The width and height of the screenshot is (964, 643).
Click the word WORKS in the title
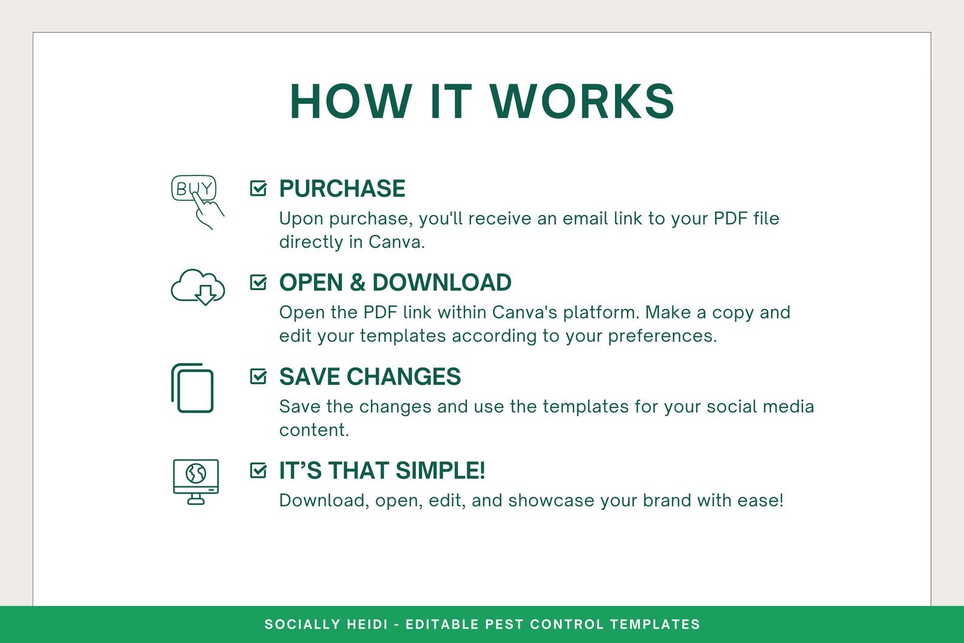[x=582, y=101]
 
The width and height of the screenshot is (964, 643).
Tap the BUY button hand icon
[x=197, y=202]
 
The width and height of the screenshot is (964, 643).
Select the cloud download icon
[x=198, y=287]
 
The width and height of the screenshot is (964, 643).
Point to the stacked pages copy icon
[x=192, y=388]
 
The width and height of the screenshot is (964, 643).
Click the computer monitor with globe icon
[x=196, y=481]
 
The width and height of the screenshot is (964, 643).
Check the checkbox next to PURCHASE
[x=258, y=188]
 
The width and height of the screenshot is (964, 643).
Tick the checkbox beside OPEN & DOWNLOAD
[x=258, y=282]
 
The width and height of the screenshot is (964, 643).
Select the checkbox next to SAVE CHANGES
[x=258, y=376]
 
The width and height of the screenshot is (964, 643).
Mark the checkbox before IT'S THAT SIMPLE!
[x=258, y=470]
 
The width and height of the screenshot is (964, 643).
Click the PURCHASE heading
[x=342, y=188]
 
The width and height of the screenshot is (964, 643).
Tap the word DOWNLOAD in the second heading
[x=442, y=282]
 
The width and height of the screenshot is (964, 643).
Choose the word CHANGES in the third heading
[x=404, y=376]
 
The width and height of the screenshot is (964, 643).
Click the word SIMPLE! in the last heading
[x=440, y=471]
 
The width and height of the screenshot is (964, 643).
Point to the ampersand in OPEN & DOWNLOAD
[x=357, y=282]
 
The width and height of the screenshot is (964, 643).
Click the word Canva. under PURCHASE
[x=397, y=242]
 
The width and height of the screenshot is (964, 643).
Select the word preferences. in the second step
[x=663, y=336]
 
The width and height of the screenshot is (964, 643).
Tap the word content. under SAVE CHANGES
[x=314, y=430]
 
